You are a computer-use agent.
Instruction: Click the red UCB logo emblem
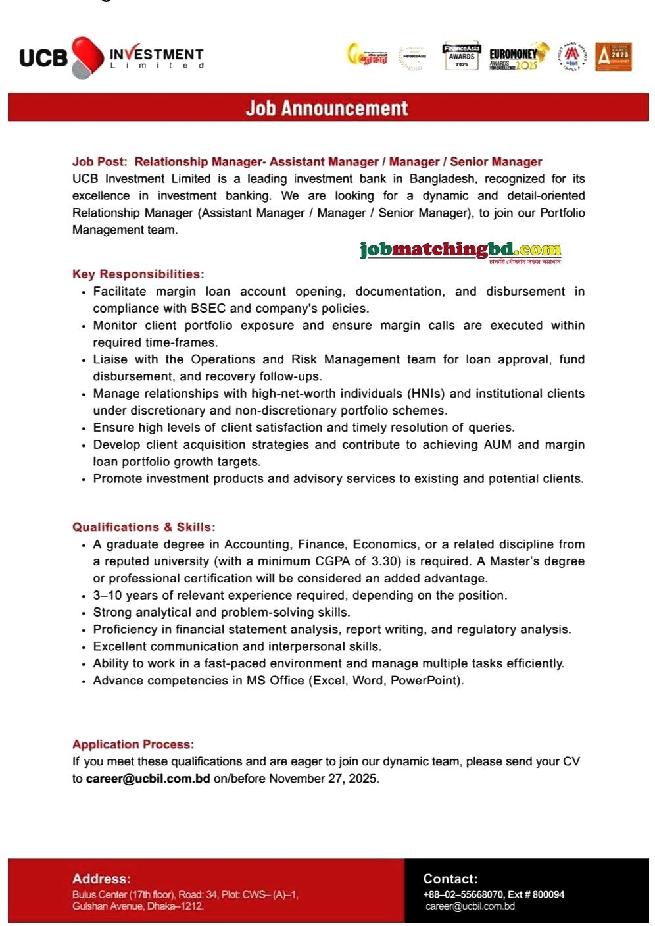(87, 57)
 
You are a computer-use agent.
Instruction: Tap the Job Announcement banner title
(327, 108)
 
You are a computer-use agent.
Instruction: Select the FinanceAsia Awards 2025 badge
(462, 57)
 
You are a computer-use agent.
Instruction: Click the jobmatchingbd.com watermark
(460, 250)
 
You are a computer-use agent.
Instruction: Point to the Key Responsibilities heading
(138, 274)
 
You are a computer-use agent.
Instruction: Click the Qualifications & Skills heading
(143, 527)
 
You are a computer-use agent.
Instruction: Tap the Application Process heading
(133, 744)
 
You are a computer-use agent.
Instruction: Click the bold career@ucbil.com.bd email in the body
(148, 779)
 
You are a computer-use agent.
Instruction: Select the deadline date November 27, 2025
(323, 779)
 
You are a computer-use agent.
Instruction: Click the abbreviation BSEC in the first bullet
(208, 309)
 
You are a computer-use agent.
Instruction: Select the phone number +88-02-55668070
(463, 894)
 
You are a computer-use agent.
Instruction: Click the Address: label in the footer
(101, 879)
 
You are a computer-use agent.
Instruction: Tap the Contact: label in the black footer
(450, 879)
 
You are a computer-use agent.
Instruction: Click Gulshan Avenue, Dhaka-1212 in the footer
(138, 906)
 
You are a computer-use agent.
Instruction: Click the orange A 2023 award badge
(613, 57)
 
